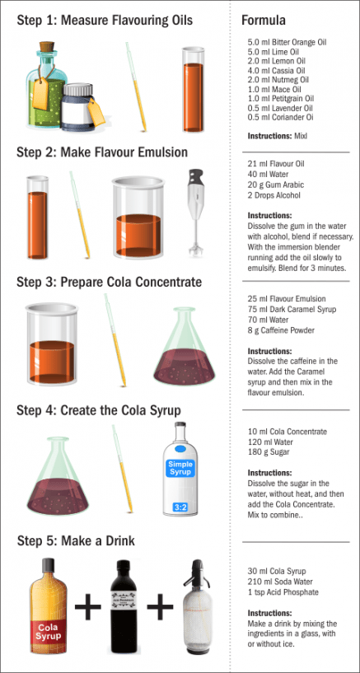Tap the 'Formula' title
point(264,20)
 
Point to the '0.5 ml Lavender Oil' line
point(280,108)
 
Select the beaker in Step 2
point(143,218)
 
